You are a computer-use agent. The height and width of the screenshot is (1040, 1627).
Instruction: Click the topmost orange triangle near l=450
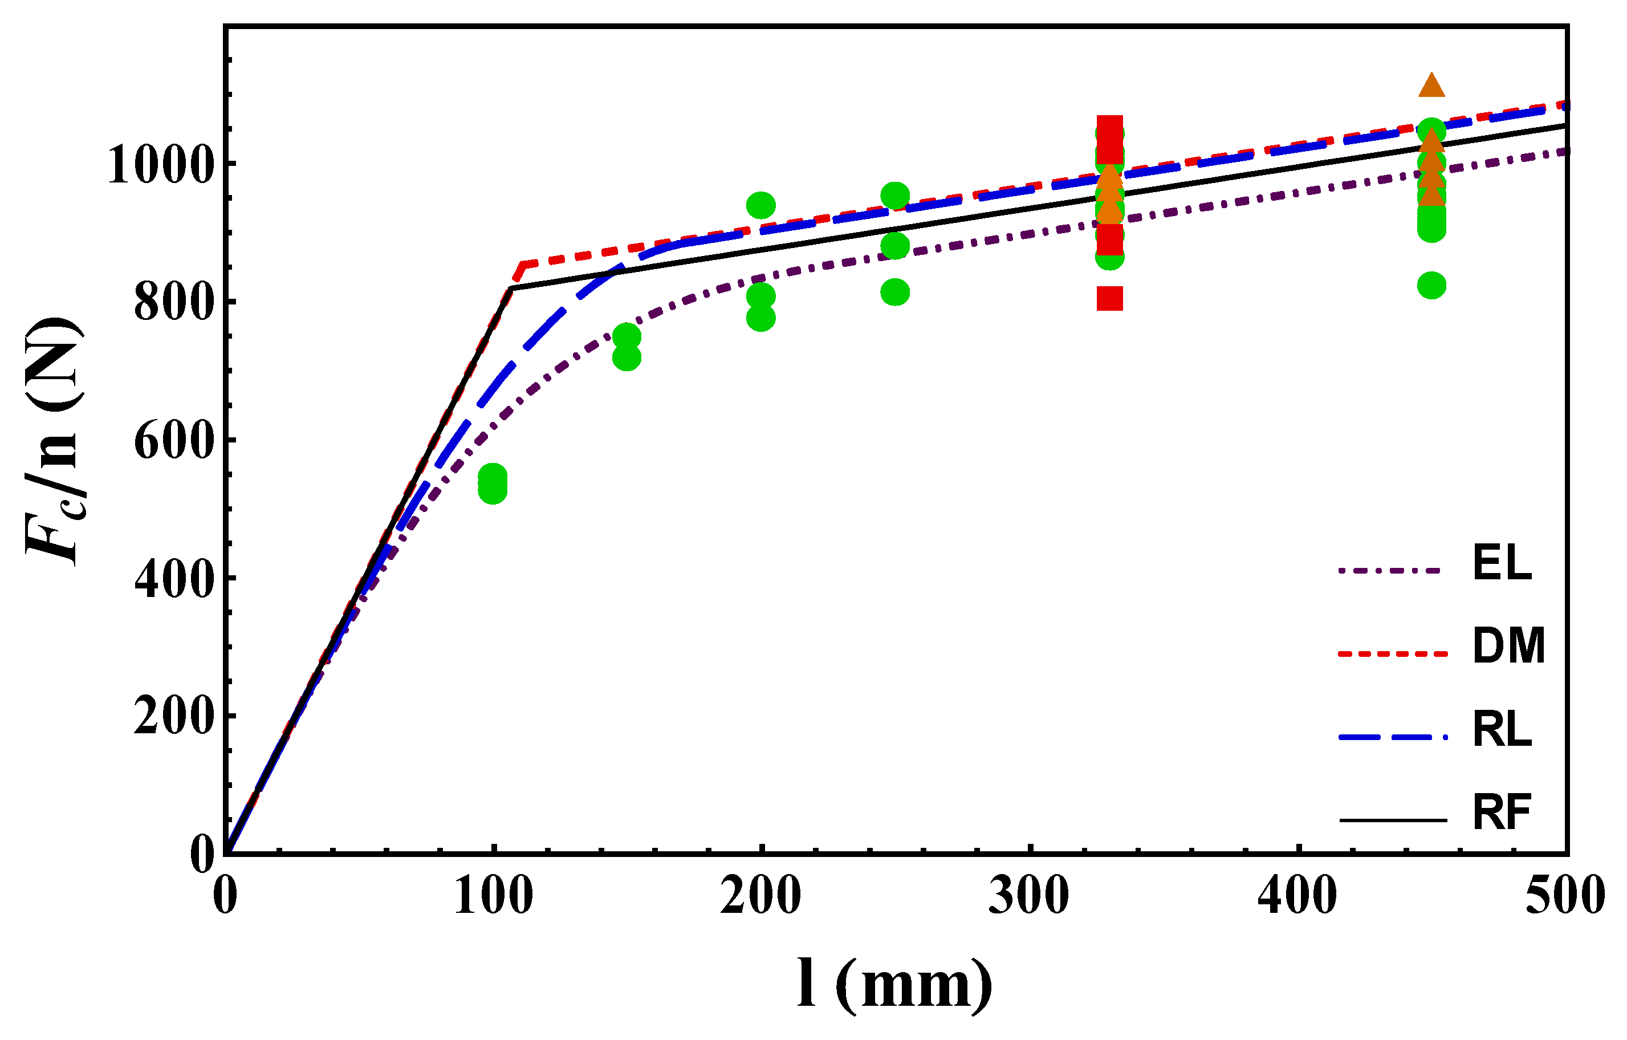coord(1431,86)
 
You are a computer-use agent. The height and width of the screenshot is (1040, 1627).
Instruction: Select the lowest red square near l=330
coord(1109,298)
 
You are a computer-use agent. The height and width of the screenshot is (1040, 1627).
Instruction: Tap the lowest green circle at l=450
coord(1431,286)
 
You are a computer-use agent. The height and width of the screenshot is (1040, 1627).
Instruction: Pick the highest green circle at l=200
coord(761,205)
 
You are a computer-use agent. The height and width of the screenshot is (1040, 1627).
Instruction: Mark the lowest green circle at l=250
coord(895,292)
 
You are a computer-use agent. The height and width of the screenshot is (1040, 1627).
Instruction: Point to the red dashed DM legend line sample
coord(1393,653)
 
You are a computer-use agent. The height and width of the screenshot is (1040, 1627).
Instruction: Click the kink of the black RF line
coord(511,289)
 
